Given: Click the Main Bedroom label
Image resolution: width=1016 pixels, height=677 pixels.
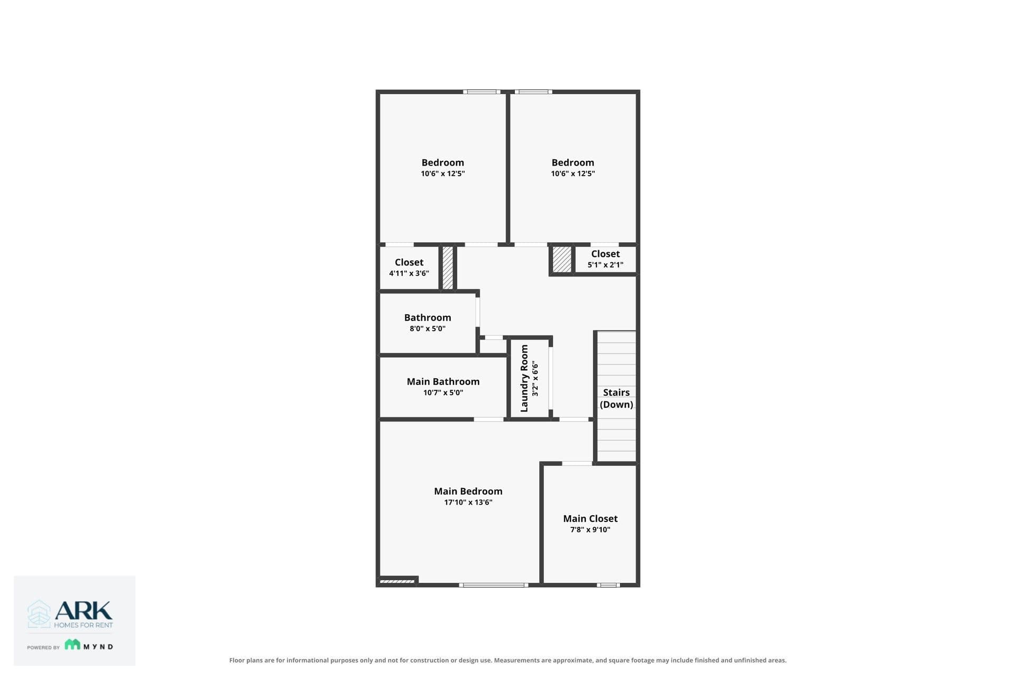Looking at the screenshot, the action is (x=468, y=491).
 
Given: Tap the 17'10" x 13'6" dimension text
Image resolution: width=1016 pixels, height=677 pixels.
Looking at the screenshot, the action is (x=468, y=502).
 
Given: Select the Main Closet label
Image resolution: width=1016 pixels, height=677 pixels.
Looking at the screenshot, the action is (x=590, y=519).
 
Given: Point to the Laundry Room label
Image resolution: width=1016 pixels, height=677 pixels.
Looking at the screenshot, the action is (x=524, y=379).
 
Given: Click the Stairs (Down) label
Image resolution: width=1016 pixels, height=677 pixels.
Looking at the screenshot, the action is (x=616, y=398).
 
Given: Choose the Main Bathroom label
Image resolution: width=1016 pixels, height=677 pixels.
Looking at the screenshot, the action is (x=443, y=382).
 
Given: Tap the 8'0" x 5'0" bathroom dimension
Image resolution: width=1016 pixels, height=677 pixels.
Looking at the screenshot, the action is (x=428, y=329).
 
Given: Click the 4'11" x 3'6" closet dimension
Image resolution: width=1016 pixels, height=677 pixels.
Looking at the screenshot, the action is (x=409, y=273).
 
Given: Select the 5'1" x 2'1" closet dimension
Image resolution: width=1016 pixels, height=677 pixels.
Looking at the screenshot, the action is (x=605, y=265).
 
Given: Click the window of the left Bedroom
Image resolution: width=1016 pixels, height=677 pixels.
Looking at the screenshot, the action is (x=482, y=92).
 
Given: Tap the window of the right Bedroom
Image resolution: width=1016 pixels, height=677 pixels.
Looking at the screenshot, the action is (x=533, y=92).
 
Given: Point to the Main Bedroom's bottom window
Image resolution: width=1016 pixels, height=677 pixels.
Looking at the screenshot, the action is (x=494, y=585).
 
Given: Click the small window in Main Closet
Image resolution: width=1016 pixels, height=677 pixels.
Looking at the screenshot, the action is (x=609, y=585).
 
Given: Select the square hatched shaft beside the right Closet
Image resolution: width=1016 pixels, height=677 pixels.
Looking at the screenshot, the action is (x=562, y=260).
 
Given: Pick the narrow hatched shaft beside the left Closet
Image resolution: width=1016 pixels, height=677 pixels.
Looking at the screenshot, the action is (x=448, y=268).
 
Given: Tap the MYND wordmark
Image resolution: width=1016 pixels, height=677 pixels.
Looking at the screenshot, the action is (x=98, y=646).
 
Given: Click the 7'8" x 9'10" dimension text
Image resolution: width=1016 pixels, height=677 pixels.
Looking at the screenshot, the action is (x=590, y=530).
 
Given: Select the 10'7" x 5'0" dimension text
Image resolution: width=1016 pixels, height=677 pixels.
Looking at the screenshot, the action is (x=443, y=393).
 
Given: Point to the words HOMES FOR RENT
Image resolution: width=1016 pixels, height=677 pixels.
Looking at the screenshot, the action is (x=84, y=625).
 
